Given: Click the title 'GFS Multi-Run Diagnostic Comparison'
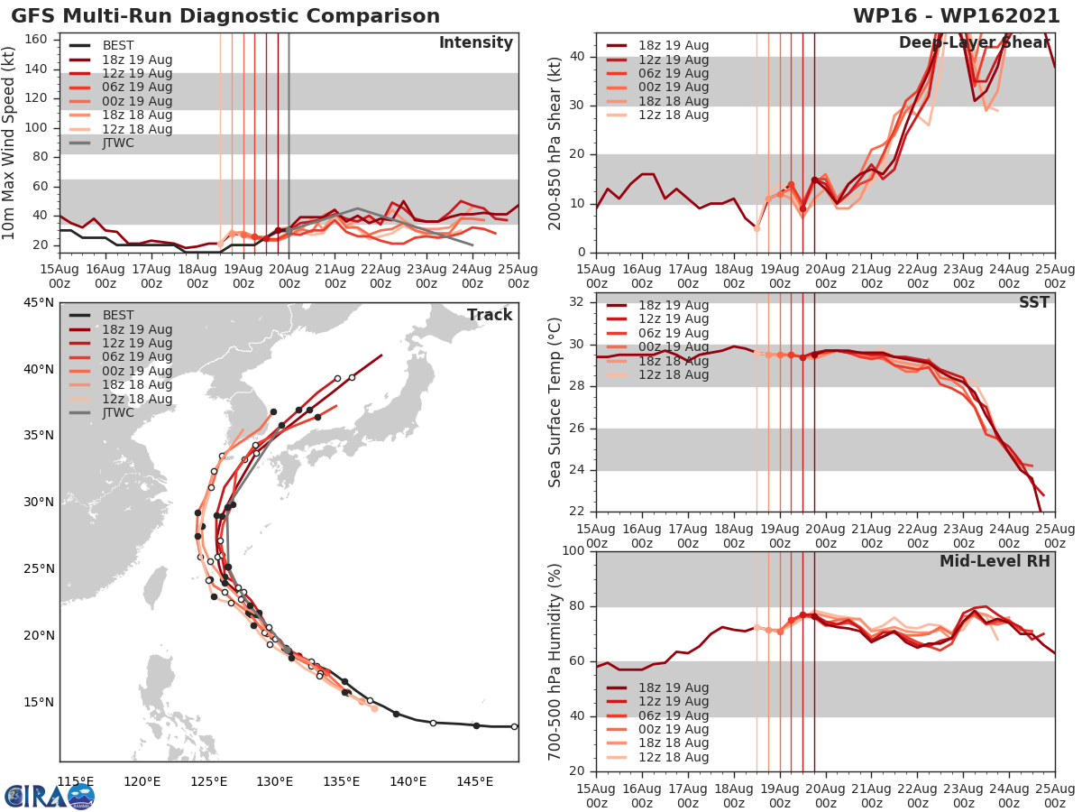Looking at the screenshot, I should click(x=225, y=16).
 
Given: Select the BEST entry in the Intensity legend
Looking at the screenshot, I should click(x=117, y=45).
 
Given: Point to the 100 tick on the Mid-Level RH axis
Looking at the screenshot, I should click(x=573, y=551).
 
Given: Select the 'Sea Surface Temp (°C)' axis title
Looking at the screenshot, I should click(x=555, y=403).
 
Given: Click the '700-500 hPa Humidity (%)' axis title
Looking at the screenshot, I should click(x=555, y=660).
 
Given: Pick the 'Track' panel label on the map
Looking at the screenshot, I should click(x=490, y=315).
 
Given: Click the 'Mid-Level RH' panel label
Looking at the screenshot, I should click(x=995, y=561).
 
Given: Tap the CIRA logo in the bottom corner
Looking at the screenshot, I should click(x=49, y=795).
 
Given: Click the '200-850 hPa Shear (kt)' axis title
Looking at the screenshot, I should click(x=555, y=143).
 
